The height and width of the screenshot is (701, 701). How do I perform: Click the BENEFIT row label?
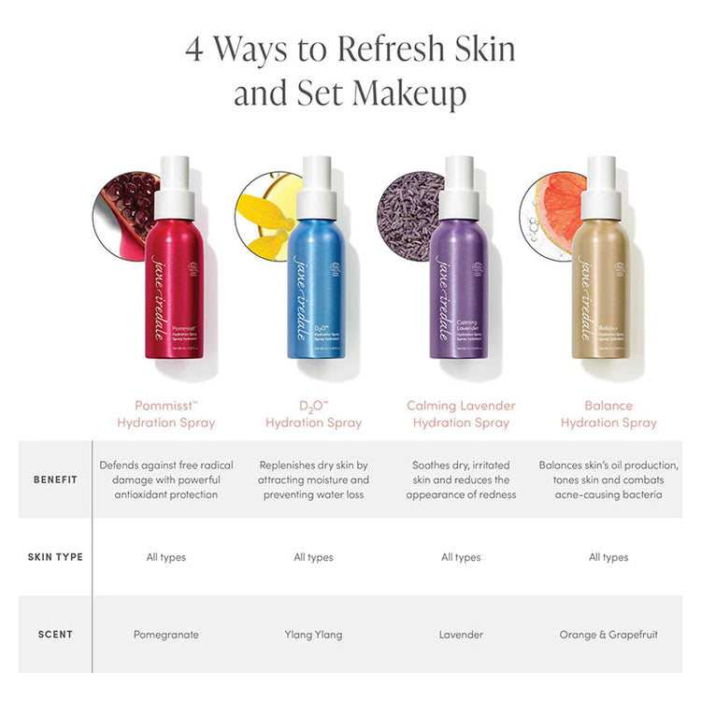click(x=55, y=479)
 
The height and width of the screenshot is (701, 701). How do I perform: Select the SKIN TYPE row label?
click(x=55, y=557)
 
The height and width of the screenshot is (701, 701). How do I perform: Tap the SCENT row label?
click(x=55, y=635)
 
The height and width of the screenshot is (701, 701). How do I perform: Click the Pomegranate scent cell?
click(x=165, y=635)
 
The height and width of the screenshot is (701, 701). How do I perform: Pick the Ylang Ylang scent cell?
click(x=313, y=635)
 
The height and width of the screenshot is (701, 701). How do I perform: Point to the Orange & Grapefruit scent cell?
click(x=608, y=635)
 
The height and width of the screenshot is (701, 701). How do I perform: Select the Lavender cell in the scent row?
click(x=461, y=635)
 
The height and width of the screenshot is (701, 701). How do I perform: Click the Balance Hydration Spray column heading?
click(x=608, y=414)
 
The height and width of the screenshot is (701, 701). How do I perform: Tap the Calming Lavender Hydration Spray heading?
click(x=461, y=414)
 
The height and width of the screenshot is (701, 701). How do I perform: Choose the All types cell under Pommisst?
click(x=165, y=557)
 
